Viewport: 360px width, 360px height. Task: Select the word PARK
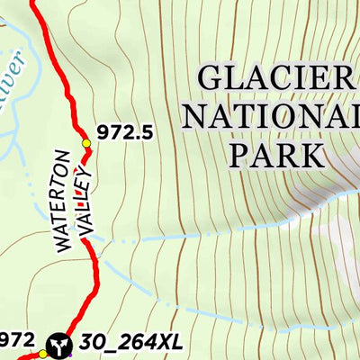276,154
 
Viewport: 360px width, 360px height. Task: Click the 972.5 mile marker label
126,132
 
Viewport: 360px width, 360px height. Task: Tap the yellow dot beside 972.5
87,143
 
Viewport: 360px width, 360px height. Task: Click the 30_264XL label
130,342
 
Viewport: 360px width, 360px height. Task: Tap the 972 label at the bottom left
17,339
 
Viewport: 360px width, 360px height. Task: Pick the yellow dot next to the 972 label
41,354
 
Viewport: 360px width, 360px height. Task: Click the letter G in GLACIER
212,79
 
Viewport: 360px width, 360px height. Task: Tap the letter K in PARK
311,154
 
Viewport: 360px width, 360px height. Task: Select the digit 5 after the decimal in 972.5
147,132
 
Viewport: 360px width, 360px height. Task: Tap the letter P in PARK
240,154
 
